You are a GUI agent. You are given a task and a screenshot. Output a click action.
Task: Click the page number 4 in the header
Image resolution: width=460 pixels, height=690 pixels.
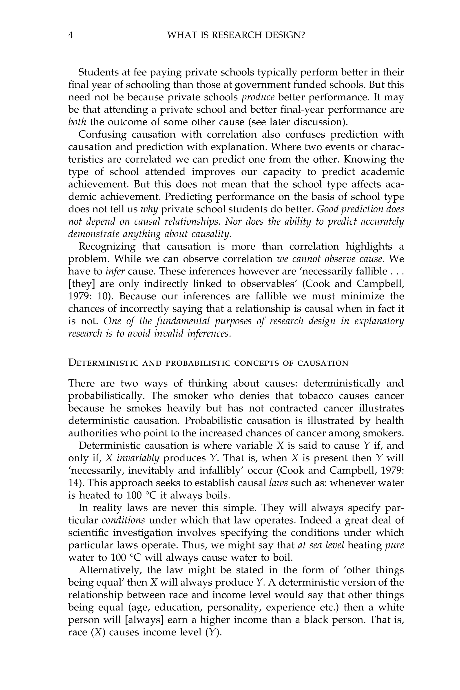coord(70,35)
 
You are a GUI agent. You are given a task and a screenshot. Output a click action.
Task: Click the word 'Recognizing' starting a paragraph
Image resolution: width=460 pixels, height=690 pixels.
coord(107,246)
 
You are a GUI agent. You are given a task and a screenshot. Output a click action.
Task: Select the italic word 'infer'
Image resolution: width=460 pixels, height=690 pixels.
coord(115,271)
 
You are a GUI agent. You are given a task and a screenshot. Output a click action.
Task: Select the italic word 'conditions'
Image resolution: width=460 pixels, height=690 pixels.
coord(123,520)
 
